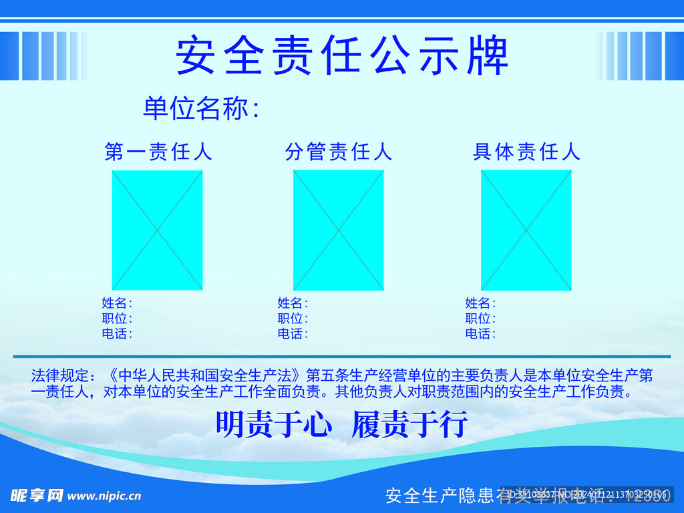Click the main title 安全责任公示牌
click(342, 55)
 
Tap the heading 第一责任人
click(158, 152)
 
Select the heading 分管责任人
click(339, 152)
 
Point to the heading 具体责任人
click(526, 152)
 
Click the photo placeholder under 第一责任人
click(157, 230)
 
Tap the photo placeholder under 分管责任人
click(339, 230)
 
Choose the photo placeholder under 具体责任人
click(526, 230)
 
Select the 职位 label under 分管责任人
click(292, 319)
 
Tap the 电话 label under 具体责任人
click(480, 334)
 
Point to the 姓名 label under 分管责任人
click(292, 303)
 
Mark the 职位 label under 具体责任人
click(480, 319)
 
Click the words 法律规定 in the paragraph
click(59, 376)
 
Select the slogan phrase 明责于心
click(273, 424)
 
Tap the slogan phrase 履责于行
click(409, 424)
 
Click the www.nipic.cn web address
click(104, 496)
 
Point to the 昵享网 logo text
click(37, 496)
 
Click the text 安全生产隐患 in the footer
click(440, 496)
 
